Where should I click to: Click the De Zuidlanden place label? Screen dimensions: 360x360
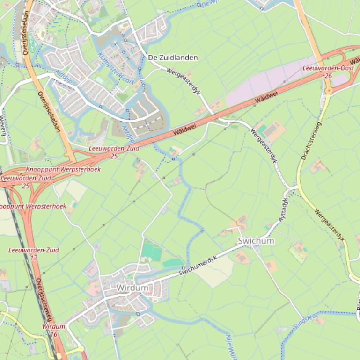pyautogui.click(x=172, y=58)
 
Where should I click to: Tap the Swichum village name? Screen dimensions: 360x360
pyautogui.click(x=256, y=241)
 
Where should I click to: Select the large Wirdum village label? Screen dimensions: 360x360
pyautogui.click(x=132, y=288)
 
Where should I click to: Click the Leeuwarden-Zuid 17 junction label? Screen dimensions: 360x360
pyautogui.click(x=34, y=254)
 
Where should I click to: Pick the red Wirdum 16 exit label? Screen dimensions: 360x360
pyautogui.click(x=53, y=330)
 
